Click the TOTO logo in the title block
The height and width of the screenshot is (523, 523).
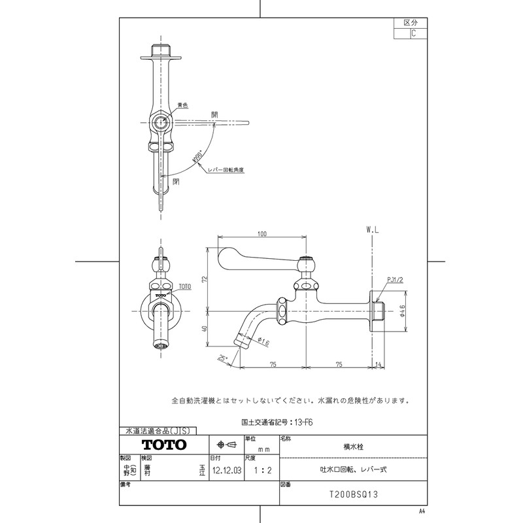coord(164,445)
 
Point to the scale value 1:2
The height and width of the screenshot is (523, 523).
coord(260,469)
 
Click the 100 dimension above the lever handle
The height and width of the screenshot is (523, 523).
coord(262,234)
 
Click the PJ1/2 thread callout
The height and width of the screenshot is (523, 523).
coord(394,280)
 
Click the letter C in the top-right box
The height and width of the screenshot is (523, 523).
coord(413,34)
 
